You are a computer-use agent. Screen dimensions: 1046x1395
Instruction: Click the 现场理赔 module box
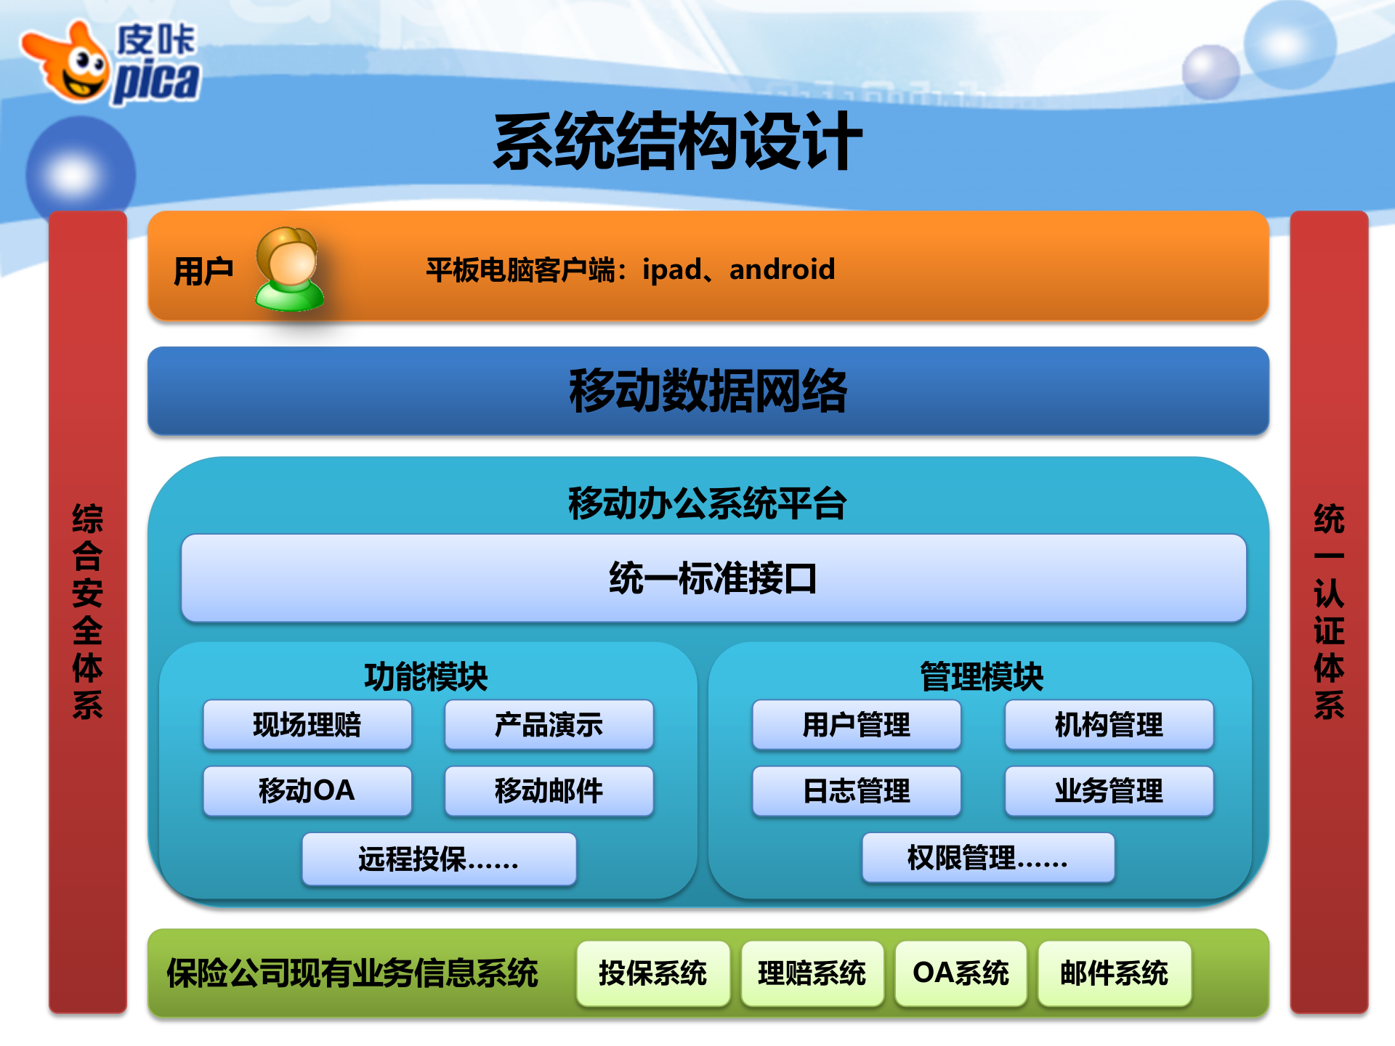307,725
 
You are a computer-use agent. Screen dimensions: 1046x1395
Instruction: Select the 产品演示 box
549,725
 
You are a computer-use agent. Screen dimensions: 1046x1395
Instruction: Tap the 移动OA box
307,791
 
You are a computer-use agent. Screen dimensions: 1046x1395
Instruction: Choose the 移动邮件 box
549,791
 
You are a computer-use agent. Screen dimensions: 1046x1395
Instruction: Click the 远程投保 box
439,859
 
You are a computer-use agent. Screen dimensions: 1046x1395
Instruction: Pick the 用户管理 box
857,725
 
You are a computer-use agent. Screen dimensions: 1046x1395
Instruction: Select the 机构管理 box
1109,725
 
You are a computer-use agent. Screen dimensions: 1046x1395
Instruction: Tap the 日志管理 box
857,791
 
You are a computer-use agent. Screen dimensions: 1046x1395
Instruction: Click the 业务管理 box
1109,791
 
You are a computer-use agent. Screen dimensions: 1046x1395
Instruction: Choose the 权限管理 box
988,858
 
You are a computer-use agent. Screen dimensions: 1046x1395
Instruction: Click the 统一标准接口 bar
713,578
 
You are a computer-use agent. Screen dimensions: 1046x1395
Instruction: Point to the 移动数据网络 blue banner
708,391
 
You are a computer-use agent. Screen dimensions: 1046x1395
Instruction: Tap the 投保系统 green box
652,973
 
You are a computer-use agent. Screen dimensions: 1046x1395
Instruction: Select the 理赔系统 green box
812,973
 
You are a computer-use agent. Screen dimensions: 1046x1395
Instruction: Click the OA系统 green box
961,973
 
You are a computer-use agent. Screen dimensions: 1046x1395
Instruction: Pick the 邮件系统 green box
1114,973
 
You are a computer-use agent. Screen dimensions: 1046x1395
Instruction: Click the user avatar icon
289,269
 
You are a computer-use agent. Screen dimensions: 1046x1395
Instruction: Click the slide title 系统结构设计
678,142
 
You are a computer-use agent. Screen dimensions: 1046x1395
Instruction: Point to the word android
782,269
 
